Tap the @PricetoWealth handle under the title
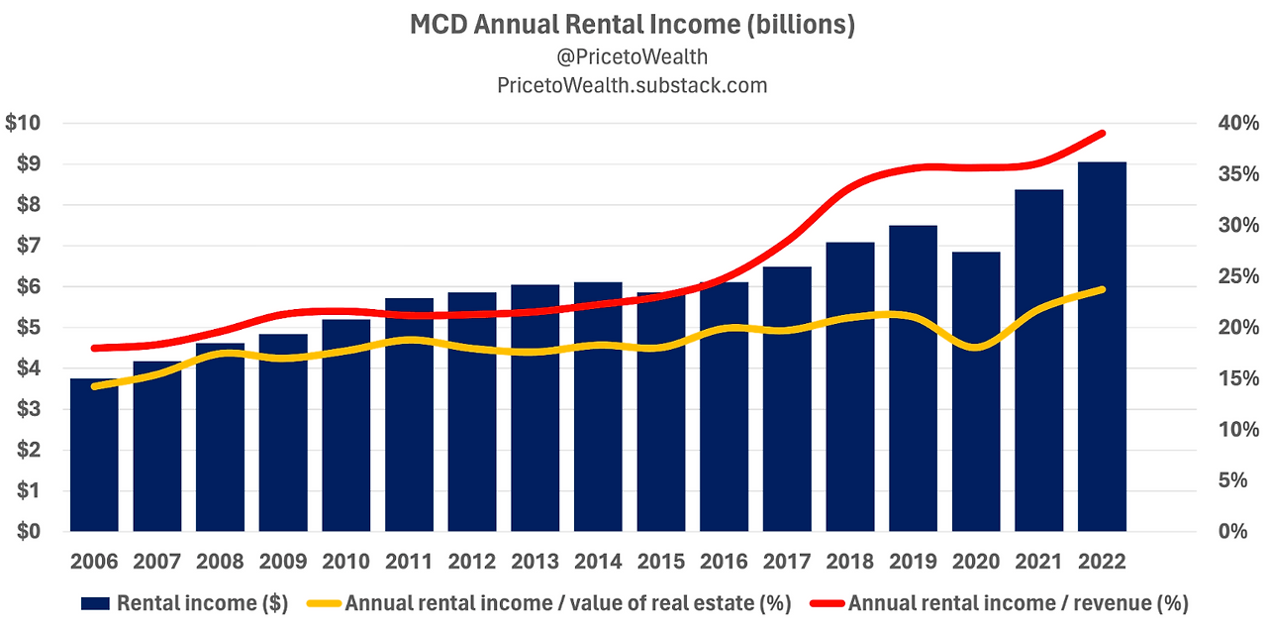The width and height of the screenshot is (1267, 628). click(633, 56)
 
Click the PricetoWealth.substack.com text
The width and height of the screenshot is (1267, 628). click(633, 85)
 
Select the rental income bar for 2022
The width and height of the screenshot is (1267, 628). click(1102, 347)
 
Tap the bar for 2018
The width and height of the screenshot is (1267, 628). click(850, 387)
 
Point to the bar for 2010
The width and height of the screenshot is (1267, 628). click(346, 426)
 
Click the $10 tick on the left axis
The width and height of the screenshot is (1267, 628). click(23, 124)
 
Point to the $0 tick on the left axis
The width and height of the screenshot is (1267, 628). click(28, 532)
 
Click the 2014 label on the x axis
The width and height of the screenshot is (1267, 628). click(598, 562)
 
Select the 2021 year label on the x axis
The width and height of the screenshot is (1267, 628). click(1039, 562)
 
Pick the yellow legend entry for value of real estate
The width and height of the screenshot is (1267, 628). click(538, 602)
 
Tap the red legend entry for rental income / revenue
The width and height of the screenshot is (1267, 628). click(1000, 602)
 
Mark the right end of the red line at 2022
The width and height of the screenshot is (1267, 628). click(1103, 133)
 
